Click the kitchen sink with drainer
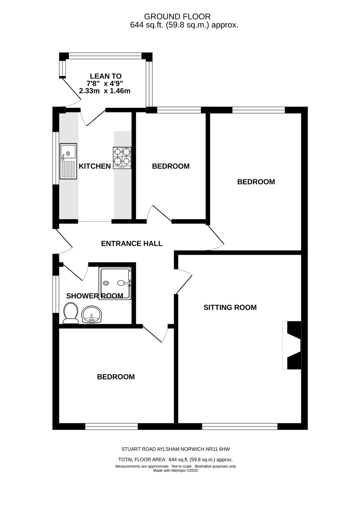point(68,161)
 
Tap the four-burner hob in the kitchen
point(122,158)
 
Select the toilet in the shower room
point(71,313)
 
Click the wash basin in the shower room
point(92,314)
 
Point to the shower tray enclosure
point(115,283)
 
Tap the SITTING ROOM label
point(230,307)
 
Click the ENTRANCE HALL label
point(132,244)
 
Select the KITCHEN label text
point(95,166)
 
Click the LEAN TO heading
point(106,76)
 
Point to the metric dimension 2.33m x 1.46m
point(104,91)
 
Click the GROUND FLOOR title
point(177,17)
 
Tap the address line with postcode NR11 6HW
point(176,449)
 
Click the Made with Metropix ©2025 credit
point(176,470)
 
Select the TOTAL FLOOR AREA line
point(176,460)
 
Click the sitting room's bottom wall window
point(240,426)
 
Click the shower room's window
point(56,294)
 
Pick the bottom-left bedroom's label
point(116,377)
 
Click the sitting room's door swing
point(183,281)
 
